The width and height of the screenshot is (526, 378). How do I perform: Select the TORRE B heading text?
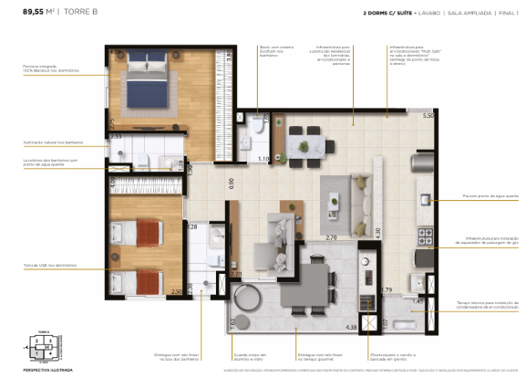point(85,12)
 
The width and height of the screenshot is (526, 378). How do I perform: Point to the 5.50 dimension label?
point(428,116)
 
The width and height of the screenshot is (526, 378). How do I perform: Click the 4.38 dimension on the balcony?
point(350,326)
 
